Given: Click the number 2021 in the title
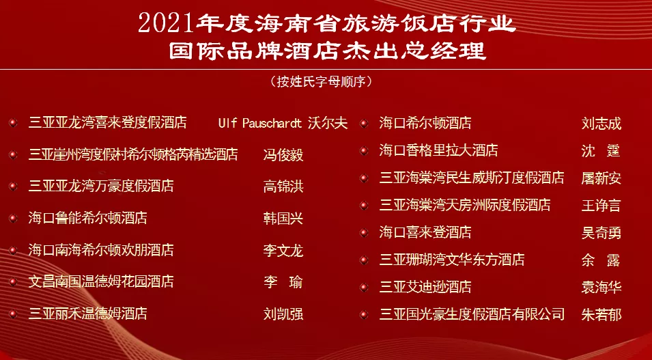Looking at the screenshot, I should (167, 23).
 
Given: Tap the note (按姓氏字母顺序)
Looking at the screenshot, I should (325, 82).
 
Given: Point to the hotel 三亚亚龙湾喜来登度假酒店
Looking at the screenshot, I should (107, 123).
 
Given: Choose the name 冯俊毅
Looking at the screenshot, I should (283, 155).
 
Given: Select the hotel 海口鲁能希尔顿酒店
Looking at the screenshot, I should (87, 219).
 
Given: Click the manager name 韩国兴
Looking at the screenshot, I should (283, 219).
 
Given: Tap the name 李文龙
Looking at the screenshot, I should (283, 251).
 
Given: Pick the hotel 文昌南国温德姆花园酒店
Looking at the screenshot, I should (101, 281).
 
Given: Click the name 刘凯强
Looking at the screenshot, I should (283, 314).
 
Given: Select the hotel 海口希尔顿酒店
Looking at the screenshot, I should (425, 124).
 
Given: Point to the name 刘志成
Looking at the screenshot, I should (601, 124).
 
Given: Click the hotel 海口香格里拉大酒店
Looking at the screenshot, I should (438, 150).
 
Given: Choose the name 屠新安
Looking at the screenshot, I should (601, 178).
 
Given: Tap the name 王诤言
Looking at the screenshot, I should (601, 205).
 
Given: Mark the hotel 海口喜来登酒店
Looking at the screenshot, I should (425, 233).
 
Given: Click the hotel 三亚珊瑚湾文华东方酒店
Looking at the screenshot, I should (452, 260).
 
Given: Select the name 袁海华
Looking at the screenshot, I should (601, 287).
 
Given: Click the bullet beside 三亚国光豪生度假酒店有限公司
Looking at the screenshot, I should (364, 315).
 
